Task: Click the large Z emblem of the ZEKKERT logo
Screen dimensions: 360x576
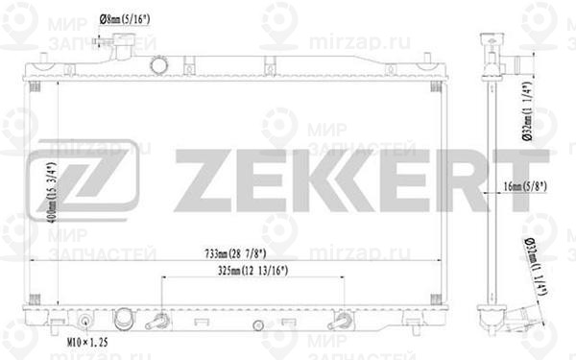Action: click(x=84, y=180)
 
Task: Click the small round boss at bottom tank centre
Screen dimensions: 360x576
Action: click(x=258, y=323)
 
